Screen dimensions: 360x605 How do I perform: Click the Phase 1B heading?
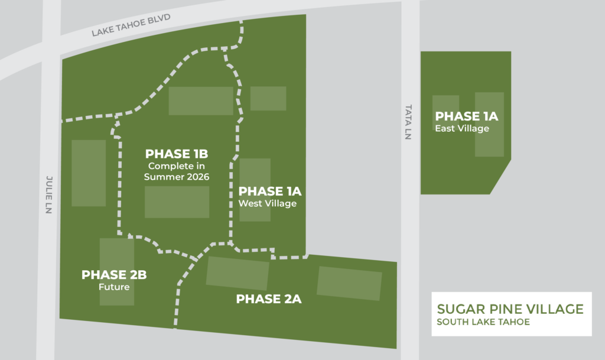click(x=177, y=154)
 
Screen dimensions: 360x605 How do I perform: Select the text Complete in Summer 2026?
click(x=177, y=171)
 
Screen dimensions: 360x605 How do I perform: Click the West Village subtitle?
click(x=267, y=204)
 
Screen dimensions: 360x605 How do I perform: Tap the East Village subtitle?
click(x=462, y=128)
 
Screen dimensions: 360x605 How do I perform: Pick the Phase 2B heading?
click(x=114, y=275)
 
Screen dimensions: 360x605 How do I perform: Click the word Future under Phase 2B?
click(x=113, y=287)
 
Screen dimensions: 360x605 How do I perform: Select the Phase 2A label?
click(x=269, y=299)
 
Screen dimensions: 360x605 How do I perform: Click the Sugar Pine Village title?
click(x=510, y=309)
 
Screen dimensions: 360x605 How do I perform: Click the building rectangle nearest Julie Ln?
click(x=89, y=173)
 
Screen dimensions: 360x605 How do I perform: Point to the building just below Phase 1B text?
click(x=177, y=202)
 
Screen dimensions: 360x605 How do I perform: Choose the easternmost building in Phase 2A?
click(x=349, y=283)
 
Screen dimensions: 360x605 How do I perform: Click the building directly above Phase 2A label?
click(x=238, y=273)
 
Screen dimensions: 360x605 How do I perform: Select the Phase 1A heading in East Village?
click(x=467, y=116)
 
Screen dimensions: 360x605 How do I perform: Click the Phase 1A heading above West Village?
click(x=270, y=192)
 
